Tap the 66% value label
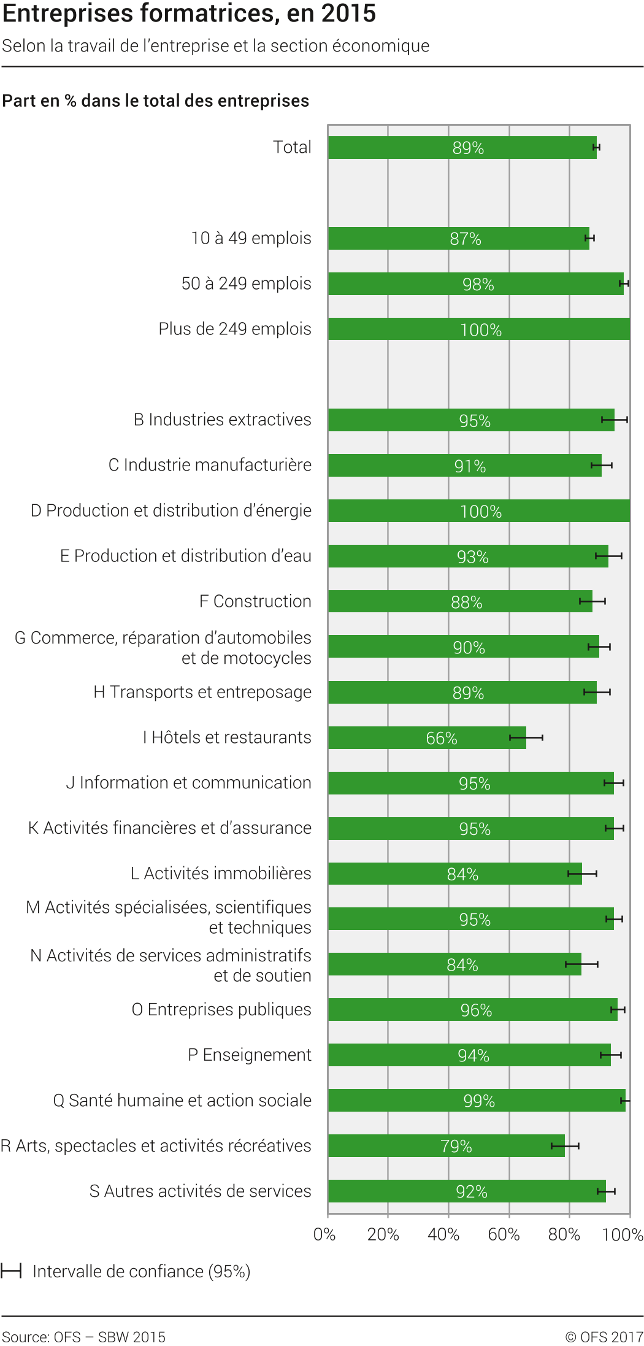442,738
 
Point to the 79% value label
456,1146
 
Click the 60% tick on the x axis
504,1234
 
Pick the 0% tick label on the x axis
324,1234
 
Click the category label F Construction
255,601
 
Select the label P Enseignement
250,1055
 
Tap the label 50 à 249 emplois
247,283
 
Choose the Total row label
292,147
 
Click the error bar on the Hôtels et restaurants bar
526,737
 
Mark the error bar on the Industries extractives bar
614,420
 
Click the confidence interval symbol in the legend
11,1271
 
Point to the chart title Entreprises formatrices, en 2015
189,13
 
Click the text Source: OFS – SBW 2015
84,1337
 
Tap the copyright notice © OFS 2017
604,1337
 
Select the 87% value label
466,239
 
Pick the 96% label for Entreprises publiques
476,1010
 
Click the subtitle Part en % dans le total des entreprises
156,101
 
